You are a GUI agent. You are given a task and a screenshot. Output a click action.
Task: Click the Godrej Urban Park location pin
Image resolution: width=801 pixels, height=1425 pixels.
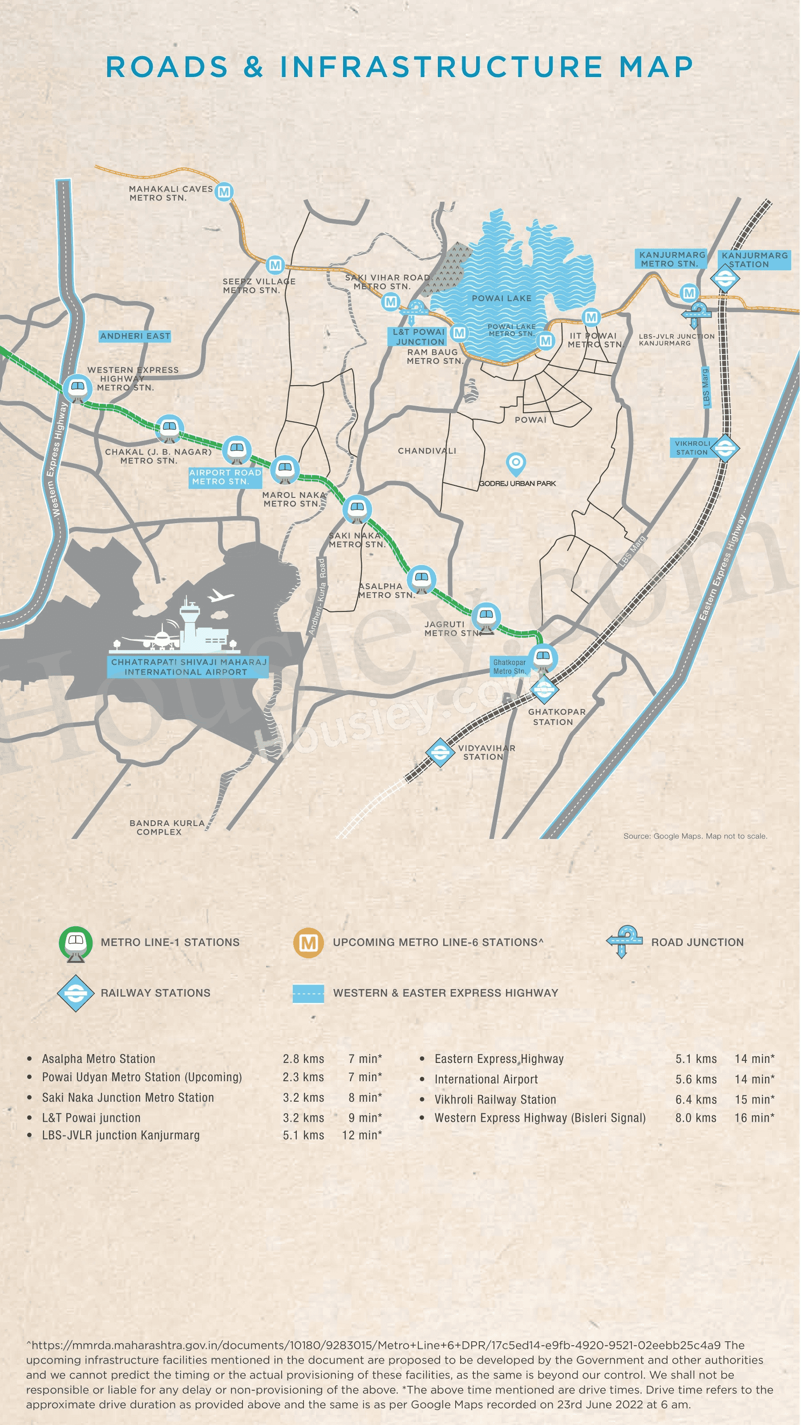click(x=515, y=463)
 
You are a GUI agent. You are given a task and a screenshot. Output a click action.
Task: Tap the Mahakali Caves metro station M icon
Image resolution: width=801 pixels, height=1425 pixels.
click(x=224, y=192)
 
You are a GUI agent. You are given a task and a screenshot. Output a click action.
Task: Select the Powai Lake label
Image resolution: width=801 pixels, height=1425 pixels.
click(x=502, y=298)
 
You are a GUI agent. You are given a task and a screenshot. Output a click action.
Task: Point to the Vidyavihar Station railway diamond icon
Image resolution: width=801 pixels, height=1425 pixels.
click(x=440, y=752)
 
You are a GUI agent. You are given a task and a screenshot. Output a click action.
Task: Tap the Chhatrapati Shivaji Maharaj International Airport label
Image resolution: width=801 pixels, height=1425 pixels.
click(x=188, y=667)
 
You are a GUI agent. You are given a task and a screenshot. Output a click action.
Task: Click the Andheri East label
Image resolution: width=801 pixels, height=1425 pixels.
click(x=135, y=336)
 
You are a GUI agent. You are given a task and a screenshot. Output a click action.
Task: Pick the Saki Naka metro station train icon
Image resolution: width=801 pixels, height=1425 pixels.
click(x=356, y=509)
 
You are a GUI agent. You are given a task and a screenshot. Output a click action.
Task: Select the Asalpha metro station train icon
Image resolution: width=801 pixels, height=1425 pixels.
click(x=421, y=578)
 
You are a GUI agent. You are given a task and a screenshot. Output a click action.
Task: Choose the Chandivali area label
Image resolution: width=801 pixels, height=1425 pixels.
click(x=427, y=451)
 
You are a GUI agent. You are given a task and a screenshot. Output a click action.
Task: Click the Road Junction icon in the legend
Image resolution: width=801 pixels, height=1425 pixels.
click(x=624, y=941)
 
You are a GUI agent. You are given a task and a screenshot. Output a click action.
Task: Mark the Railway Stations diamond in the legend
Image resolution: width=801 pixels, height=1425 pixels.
click(x=76, y=993)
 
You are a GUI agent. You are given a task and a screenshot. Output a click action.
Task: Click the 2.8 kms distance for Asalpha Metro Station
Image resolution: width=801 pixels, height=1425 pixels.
click(x=303, y=1059)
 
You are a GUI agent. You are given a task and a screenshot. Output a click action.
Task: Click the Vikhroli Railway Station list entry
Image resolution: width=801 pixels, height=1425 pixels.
click(x=495, y=1099)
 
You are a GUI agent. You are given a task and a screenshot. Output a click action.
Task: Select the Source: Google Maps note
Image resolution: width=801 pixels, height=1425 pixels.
click(x=695, y=836)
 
